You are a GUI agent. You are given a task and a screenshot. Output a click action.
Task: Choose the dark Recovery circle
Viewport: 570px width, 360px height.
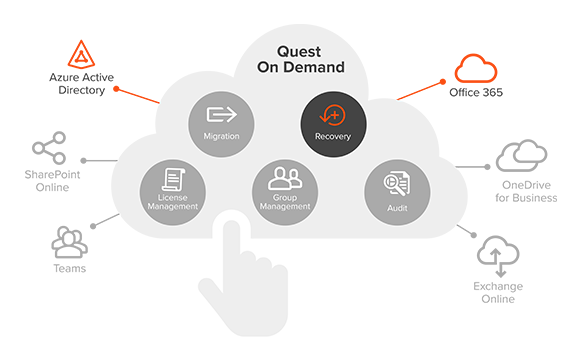333,123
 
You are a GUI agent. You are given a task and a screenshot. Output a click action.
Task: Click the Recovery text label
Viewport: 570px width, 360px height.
333,136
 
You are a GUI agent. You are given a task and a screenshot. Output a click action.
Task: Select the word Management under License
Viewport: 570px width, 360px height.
176,207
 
